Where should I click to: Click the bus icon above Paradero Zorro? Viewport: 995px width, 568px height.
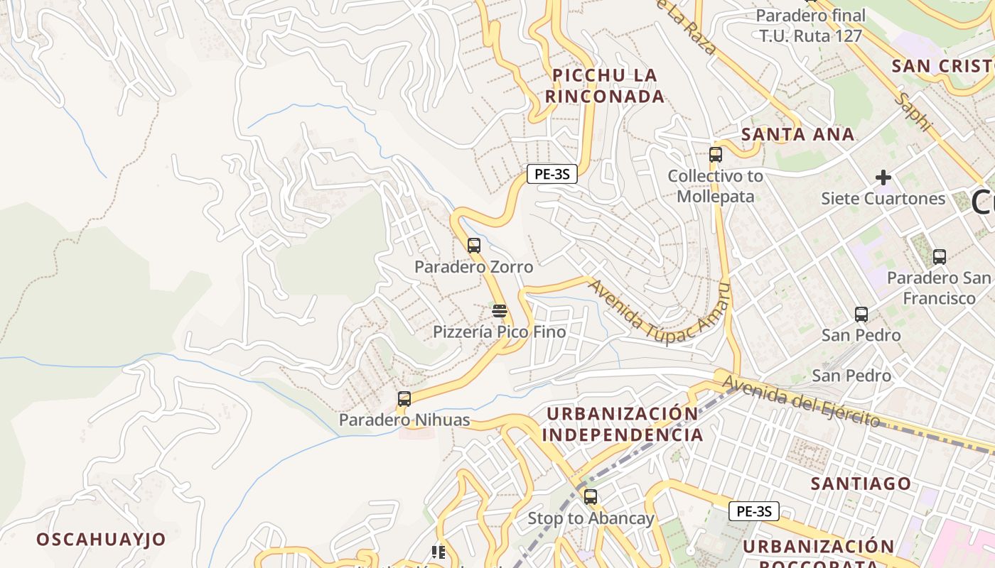click(x=474, y=246)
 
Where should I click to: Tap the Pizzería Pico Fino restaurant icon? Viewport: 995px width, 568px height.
click(x=500, y=311)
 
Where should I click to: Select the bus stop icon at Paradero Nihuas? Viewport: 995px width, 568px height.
click(x=404, y=399)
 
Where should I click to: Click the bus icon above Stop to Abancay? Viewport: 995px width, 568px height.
click(x=591, y=497)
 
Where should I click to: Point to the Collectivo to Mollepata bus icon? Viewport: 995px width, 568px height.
click(x=716, y=155)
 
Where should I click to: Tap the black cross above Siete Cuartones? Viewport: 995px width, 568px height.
click(x=883, y=177)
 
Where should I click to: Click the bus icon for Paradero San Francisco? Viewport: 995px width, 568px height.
click(x=940, y=257)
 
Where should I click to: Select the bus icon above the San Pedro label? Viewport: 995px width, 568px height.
click(x=861, y=314)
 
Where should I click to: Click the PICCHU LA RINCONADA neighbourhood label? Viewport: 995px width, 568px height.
click(x=605, y=86)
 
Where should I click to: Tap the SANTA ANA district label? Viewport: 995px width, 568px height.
click(x=797, y=134)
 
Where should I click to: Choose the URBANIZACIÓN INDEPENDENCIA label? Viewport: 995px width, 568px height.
click(x=623, y=424)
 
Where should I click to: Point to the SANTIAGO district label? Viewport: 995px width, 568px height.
click(x=861, y=484)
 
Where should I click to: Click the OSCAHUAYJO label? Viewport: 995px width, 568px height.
click(x=101, y=539)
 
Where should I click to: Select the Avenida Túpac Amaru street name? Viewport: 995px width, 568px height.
click(x=660, y=312)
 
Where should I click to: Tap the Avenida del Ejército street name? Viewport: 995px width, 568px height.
click(x=802, y=402)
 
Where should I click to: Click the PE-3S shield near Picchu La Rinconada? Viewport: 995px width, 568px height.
click(x=552, y=174)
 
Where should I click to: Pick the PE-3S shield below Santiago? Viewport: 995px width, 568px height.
click(x=754, y=511)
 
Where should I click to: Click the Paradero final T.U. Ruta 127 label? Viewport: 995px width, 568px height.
click(x=810, y=26)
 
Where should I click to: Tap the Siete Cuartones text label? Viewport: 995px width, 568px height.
click(x=883, y=198)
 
